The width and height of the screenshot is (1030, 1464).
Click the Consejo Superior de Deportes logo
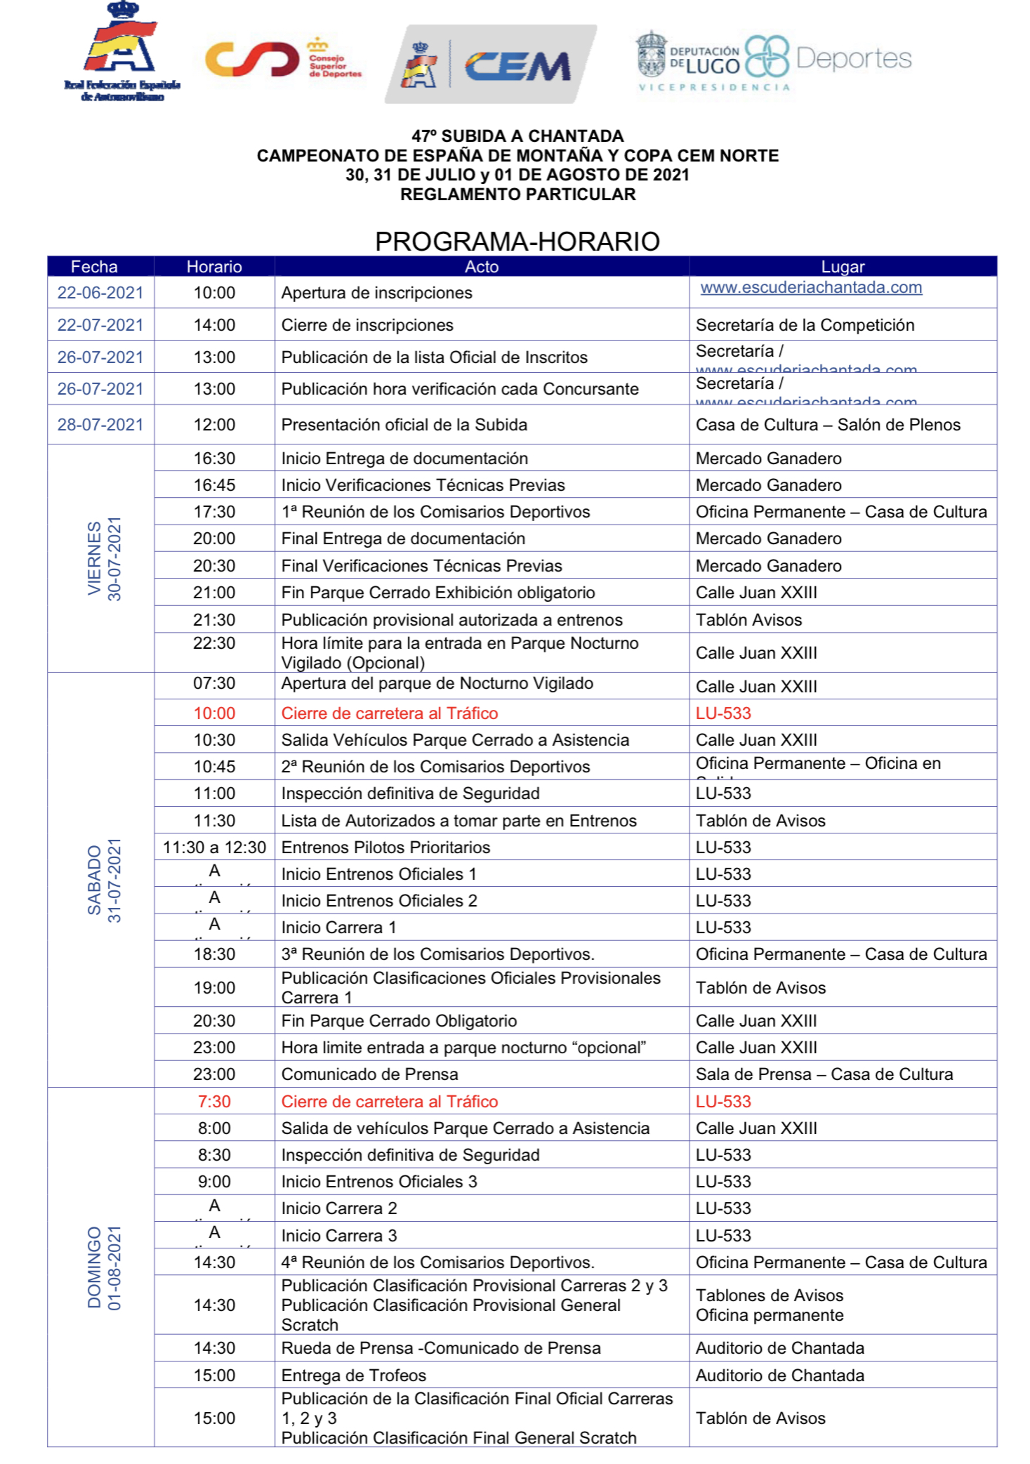point(282,60)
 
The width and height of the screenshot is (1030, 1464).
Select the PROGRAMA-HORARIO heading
point(517,241)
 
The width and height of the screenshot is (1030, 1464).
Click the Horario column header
point(214,267)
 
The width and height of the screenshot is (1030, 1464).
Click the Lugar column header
point(843,267)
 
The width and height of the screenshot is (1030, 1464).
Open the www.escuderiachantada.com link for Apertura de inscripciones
point(811,287)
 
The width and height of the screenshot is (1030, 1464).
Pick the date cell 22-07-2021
point(100,325)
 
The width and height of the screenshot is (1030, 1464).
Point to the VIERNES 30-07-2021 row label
point(104,559)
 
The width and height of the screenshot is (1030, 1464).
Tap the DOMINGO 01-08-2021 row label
point(104,1267)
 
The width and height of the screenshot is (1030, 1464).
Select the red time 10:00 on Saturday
point(214,713)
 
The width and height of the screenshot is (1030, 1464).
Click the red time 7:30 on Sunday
point(214,1102)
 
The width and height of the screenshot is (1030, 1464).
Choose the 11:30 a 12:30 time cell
point(214,848)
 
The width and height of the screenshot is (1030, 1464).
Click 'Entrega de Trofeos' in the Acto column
point(354,1376)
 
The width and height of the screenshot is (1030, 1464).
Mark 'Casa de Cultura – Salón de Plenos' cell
point(828,425)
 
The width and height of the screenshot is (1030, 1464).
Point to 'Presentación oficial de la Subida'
point(404,425)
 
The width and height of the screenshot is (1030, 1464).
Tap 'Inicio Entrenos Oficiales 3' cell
point(379,1182)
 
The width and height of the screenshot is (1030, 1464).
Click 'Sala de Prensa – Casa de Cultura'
point(824,1074)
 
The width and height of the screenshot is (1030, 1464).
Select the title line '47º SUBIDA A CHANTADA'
point(517,136)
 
